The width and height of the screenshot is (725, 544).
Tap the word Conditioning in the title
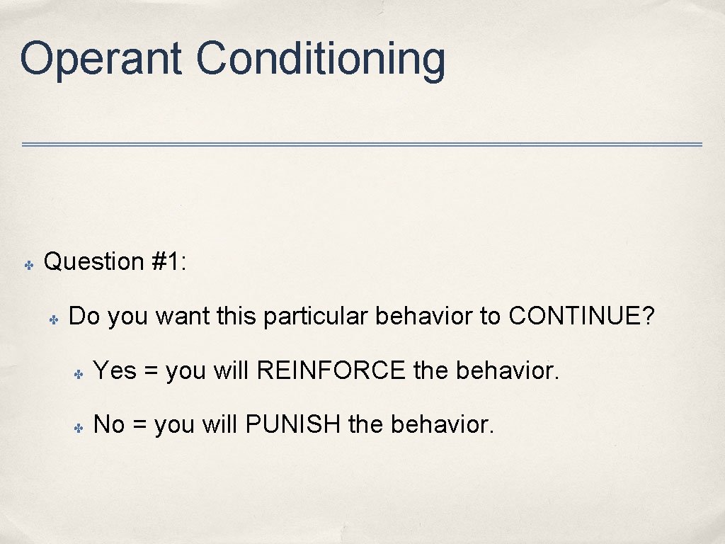point(321,59)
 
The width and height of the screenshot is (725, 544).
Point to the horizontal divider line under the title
point(362,144)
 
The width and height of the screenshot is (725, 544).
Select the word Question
point(94,262)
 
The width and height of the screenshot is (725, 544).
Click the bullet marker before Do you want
point(52,319)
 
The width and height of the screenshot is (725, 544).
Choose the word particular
point(316,317)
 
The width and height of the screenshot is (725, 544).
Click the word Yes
point(115,370)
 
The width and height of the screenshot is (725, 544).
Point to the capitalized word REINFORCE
point(331,370)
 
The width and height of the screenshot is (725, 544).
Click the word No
point(109,425)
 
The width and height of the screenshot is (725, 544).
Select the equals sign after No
point(139,426)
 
